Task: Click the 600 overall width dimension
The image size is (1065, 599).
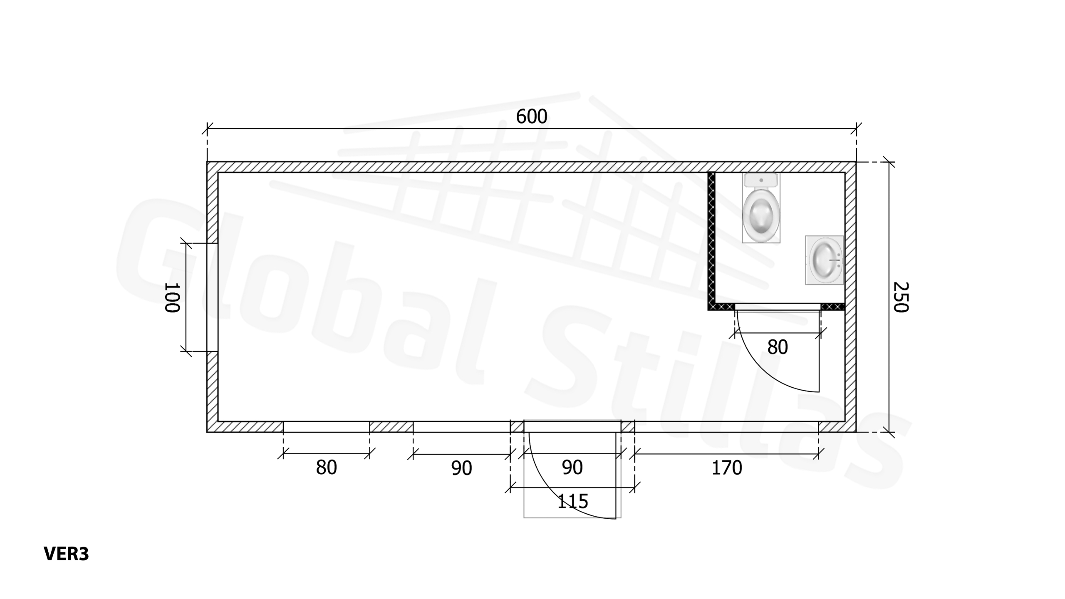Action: (531, 116)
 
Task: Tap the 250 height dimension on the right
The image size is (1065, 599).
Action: (901, 297)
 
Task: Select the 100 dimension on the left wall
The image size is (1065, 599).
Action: (172, 297)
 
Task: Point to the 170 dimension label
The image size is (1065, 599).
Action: (727, 468)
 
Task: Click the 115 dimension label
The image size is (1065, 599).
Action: (572, 501)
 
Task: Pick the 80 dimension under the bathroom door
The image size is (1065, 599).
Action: (778, 347)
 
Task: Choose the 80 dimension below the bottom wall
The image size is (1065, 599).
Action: (326, 468)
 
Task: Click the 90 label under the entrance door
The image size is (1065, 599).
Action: (572, 468)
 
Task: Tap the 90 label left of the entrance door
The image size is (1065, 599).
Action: (461, 468)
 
